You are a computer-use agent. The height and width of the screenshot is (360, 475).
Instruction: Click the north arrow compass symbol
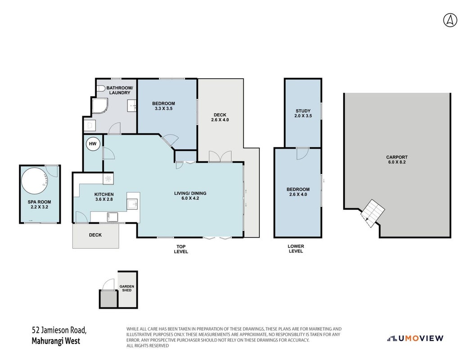[x=450, y=20]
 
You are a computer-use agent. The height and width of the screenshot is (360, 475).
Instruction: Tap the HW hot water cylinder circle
[x=93, y=144]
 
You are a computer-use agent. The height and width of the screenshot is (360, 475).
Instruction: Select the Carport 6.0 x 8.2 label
[x=397, y=160]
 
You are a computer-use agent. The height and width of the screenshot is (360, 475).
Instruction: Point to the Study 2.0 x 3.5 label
[x=303, y=113]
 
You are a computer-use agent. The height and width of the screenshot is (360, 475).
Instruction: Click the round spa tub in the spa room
[x=35, y=181]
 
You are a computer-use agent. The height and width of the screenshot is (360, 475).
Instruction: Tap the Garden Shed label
[x=127, y=288]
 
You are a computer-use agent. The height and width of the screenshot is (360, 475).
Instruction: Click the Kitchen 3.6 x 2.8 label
[x=104, y=197]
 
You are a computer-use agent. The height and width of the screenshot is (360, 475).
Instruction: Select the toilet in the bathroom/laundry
[x=101, y=88]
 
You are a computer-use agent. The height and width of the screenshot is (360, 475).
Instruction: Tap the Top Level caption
[x=181, y=249]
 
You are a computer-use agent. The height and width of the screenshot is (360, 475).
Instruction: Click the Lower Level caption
[x=296, y=248]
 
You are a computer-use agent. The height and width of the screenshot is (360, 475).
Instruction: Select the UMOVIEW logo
[x=415, y=338]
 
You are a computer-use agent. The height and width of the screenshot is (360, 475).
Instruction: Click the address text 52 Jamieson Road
[x=59, y=330]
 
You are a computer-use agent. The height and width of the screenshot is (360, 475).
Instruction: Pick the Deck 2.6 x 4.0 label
[x=220, y=117]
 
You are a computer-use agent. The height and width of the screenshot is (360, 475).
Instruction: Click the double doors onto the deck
[x=220, y=157]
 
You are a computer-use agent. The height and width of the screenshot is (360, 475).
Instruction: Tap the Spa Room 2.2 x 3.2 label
[x=39, y=204]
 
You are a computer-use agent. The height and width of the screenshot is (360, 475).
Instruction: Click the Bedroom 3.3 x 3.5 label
[x=163, y=106]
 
